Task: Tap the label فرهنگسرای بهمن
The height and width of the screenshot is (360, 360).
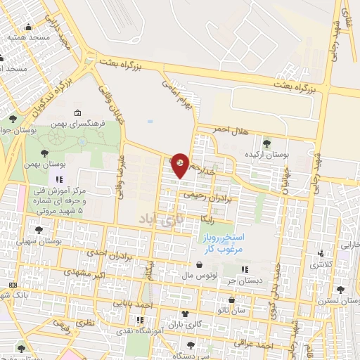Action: [x=102, y=122]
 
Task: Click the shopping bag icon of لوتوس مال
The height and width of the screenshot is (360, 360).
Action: [x=202, y=265]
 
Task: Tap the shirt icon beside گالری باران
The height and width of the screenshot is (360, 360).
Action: [x=185, y=314]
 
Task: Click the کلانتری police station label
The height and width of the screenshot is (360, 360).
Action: [x=322, y=264]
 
